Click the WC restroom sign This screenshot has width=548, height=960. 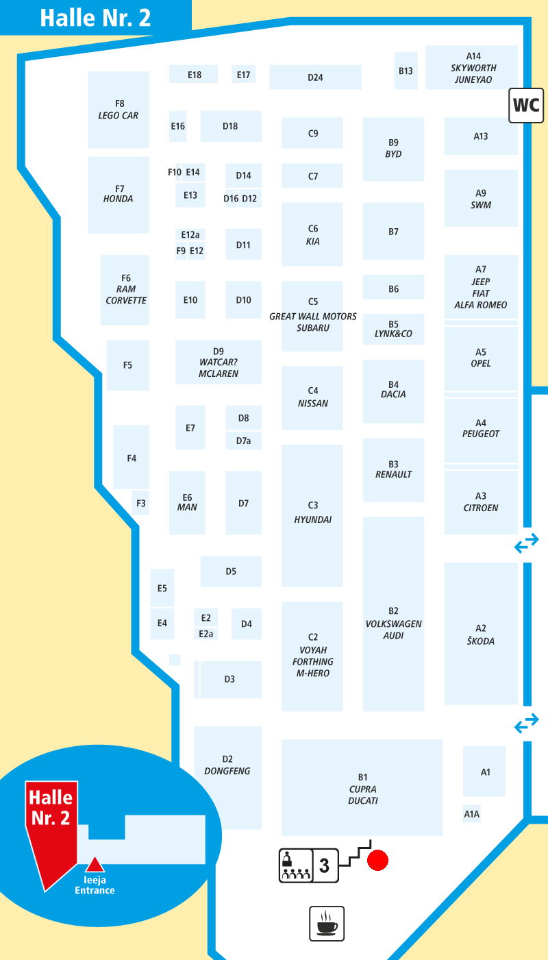coord(525,106)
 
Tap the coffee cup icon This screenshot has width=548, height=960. coord(327,923)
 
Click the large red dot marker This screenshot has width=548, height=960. coord(377,861)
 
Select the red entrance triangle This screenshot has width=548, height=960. coord(95,865)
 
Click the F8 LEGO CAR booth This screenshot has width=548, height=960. coord(119,110)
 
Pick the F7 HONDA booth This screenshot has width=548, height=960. coord(119,195)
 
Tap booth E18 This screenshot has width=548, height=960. coord(194,74)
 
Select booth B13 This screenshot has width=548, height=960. coord(406,71)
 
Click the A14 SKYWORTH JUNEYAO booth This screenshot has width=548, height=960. coord(471,67)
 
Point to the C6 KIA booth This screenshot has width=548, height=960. coord(312,234)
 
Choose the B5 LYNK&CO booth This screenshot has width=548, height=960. coord(393,329)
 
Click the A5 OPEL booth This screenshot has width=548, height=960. coord(481,358)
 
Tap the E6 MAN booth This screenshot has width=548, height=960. coord(187,503)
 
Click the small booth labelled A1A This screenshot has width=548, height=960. coord(472,814)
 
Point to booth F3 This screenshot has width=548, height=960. coord(140,503)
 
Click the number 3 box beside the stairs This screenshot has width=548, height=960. coord(325,865)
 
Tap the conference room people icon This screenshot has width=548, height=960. coord(296,865)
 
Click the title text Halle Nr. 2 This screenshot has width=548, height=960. coord(95,18)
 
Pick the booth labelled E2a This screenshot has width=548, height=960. coord(206,634)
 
